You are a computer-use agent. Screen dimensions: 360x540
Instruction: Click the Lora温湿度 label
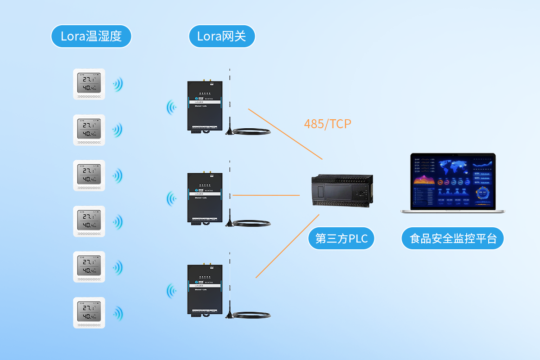click(x=91, y=36)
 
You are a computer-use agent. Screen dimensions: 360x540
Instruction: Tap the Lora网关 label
click(x=221, y=36)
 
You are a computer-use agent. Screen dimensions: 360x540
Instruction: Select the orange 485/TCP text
click(x=327, y=124)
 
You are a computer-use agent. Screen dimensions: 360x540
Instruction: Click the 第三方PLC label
click(x=342, y=238)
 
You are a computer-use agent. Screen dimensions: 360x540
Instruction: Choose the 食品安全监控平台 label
click(x=453, y=238)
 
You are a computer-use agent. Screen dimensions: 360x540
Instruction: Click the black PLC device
click(x=342, y=191)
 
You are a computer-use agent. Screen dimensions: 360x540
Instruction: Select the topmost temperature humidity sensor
click(x=89, y=84)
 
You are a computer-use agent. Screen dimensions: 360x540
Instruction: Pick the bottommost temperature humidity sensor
click(x=89, y=313)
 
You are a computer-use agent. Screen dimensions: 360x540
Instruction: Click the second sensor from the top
click(x=89, y=130)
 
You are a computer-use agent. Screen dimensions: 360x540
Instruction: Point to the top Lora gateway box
click(x=205, y=106)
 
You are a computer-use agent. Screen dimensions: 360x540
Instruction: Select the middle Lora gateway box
click(x=205, y=198)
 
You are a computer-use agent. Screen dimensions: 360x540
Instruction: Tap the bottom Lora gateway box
click(x=205, y=290)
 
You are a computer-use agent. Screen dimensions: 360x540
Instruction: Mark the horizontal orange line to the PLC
click(x=265, y=195)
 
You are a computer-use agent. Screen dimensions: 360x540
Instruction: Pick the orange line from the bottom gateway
click(x=287, y=246)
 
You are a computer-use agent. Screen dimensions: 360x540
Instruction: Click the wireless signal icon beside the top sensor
click(x=118, y=84)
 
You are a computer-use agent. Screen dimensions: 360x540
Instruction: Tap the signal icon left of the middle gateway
click(x=171, y=198)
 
